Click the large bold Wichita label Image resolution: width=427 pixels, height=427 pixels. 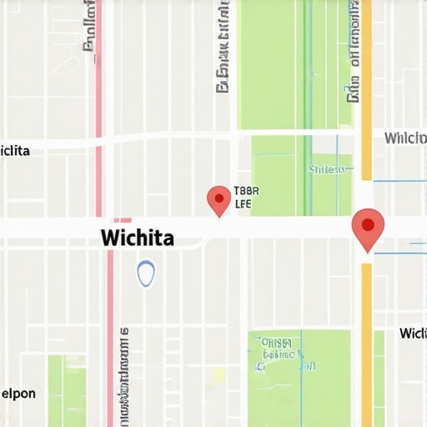pos(138,238)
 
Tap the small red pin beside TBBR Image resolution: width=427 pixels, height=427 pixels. pos(219,199)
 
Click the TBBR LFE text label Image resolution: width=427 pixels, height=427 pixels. pos(243,197)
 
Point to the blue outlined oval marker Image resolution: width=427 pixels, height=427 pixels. pos(146,273)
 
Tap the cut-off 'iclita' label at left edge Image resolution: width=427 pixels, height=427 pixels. pos(15,151)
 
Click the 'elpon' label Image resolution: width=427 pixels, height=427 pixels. pos(18,394)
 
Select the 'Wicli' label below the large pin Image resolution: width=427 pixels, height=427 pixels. pos(413,334)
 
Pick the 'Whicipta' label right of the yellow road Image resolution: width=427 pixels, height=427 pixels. pos(405,138)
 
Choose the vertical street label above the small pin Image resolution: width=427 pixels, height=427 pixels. pos(223,50)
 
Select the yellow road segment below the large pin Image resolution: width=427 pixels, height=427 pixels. pos(366,342)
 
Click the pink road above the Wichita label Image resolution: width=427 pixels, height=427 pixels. pos(98,83)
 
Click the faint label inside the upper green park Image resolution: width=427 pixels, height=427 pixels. pos(326,169)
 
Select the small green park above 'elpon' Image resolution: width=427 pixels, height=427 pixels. pos(66,388)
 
